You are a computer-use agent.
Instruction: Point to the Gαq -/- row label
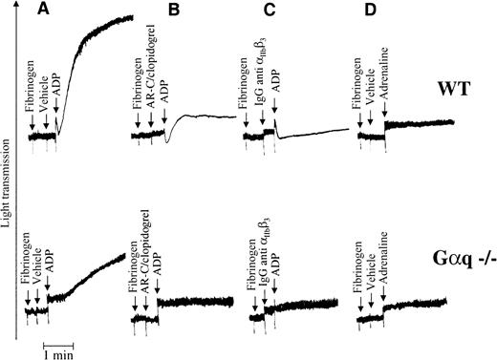pos(458,256)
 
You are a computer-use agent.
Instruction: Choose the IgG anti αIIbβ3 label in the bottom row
pos(262,253)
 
